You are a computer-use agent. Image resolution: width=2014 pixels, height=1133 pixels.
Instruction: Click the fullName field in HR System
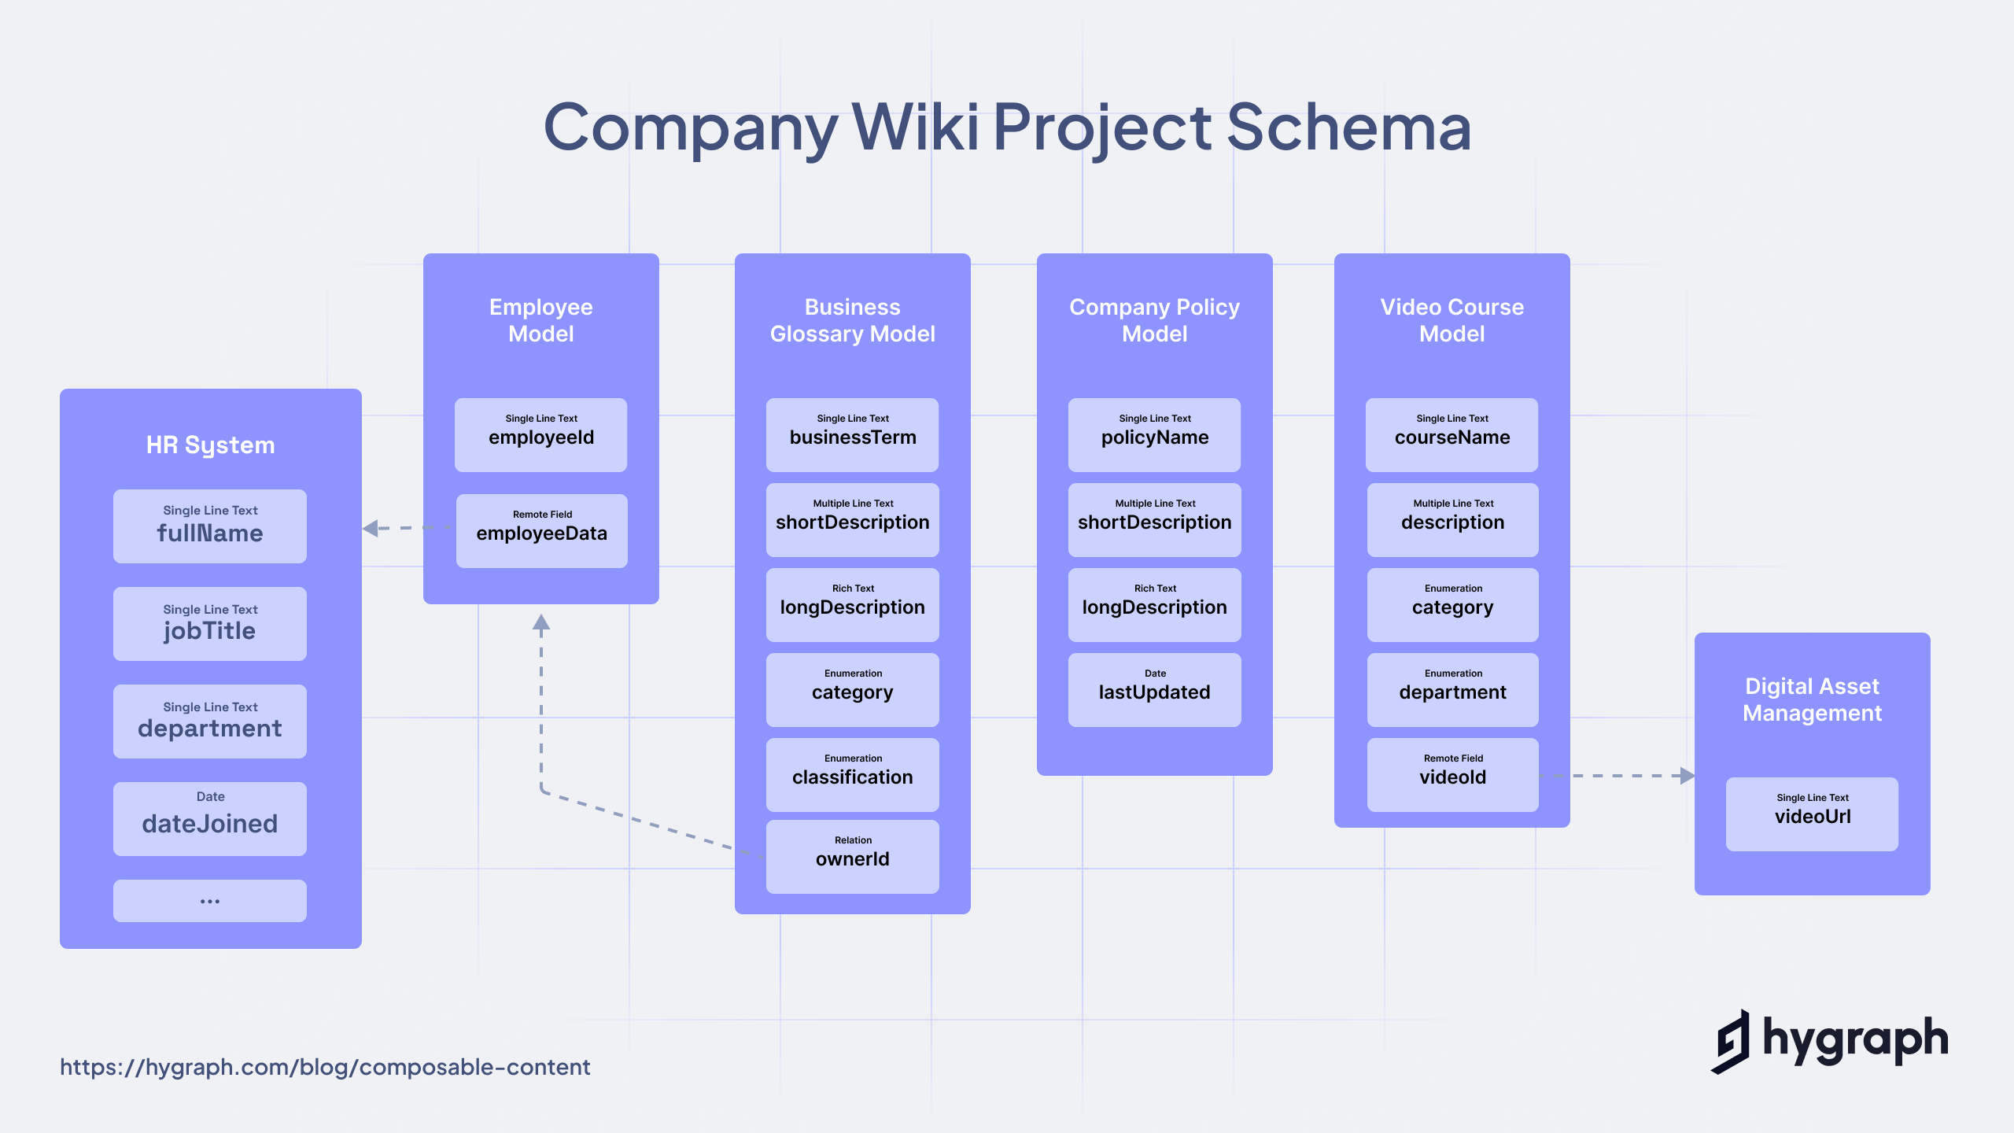pos(210,526)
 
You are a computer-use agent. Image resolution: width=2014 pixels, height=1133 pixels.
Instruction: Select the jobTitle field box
pos(210,624)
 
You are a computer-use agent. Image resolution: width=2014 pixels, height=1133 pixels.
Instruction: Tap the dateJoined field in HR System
pos(210,819)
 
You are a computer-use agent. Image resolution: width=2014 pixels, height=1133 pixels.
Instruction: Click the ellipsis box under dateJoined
pos(210,901)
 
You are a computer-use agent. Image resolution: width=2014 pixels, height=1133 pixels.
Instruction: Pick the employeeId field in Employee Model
pos(541,435)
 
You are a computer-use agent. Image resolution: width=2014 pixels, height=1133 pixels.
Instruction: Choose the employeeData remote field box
pos(541,531)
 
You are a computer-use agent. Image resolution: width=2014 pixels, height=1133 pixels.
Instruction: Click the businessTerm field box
pos(853,435)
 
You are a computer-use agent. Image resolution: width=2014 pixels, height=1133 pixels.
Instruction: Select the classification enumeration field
pos(853,775)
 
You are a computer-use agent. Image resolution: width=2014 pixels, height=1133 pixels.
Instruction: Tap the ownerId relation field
pos(853,857)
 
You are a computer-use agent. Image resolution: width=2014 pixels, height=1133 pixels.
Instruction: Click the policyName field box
pos(1154,435)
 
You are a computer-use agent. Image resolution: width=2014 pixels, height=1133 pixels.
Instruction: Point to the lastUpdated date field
pos(1154,690)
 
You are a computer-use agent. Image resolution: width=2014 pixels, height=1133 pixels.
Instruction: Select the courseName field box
pos(1452,435)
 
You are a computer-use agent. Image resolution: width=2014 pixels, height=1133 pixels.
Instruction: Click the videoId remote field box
pos(1452,775)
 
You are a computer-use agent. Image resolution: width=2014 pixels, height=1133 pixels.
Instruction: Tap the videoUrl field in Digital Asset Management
pos(1813,814)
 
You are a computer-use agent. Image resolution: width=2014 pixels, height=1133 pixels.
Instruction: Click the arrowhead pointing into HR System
pos(371,528)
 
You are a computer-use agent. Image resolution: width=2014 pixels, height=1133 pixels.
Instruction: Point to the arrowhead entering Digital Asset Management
pos(1687,776)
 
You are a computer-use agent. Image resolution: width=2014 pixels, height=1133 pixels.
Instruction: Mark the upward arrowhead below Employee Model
pos(541,624)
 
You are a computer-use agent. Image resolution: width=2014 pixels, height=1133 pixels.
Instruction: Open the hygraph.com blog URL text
pos(325,1067)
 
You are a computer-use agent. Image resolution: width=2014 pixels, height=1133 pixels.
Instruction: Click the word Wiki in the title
pos(916,127)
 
